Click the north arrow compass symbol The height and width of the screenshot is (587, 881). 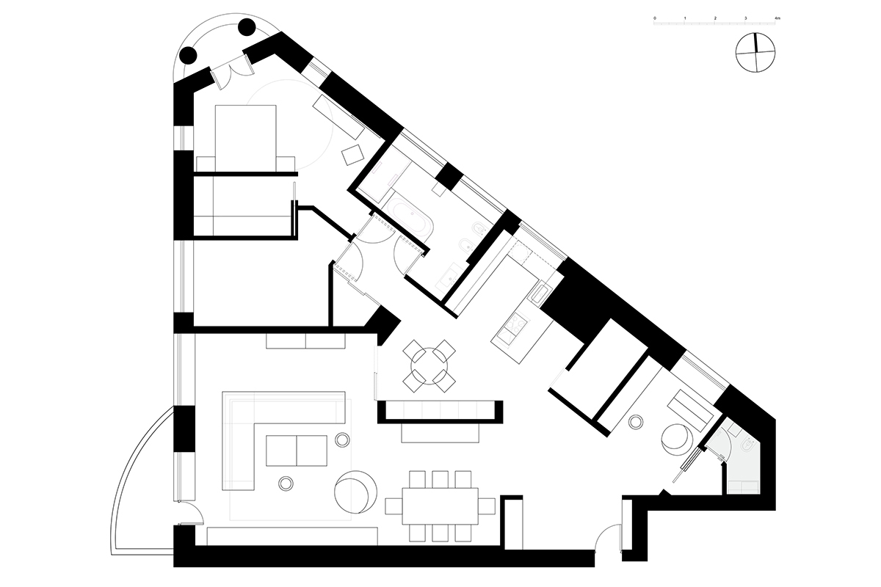pyautogui.click(x=755, y=53)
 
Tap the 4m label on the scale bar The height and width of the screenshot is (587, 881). pyautogui.click(x=777, y=18)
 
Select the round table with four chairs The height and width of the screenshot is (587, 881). pyautogui.click(x=429, y=366)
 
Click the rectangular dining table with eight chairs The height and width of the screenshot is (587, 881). pyautogui.click(x=440, y=506)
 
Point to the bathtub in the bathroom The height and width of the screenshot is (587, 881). pyautogui.click(x=409, y=216)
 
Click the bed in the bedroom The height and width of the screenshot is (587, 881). pyautogui.click(x=245, y=138)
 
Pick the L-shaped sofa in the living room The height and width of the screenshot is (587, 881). pyautogui.click(x=283, y=440)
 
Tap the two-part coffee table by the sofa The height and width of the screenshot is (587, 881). pyautogui.click(x=297, y=451)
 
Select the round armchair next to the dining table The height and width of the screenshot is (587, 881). pyautogui.click(x=355, y=492)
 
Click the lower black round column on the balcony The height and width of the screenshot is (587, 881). pyautogui.click(x=188, y=56)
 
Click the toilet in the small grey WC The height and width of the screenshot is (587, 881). pyautogui.click(x=747, y=447)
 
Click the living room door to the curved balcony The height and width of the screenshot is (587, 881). pyautogui.click(x=190, y=513)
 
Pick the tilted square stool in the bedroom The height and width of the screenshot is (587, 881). pyautogui.click(x=352, y=155)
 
